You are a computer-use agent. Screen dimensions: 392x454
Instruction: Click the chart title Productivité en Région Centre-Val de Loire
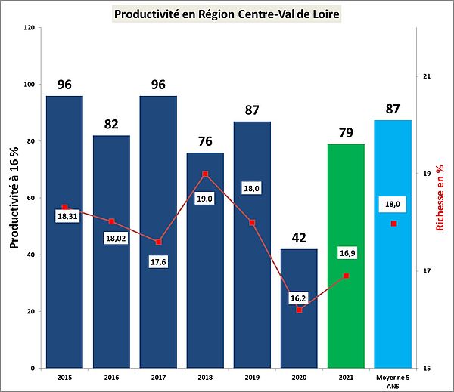226,14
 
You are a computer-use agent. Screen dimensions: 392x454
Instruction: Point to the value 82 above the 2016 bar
111,125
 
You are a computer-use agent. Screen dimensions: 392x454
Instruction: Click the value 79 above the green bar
346,134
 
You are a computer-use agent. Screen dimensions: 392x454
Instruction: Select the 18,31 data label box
65,215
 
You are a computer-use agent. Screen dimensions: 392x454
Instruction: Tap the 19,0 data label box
205,198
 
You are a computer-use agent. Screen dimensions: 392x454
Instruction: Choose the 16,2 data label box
299,298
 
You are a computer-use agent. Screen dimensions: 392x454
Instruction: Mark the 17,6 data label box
158,262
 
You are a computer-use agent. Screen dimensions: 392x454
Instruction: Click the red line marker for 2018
205,174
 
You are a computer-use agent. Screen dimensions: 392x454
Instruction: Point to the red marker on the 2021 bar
346,276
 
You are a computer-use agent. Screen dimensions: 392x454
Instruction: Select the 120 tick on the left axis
30,28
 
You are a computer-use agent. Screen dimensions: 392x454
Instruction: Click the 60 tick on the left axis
32,198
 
